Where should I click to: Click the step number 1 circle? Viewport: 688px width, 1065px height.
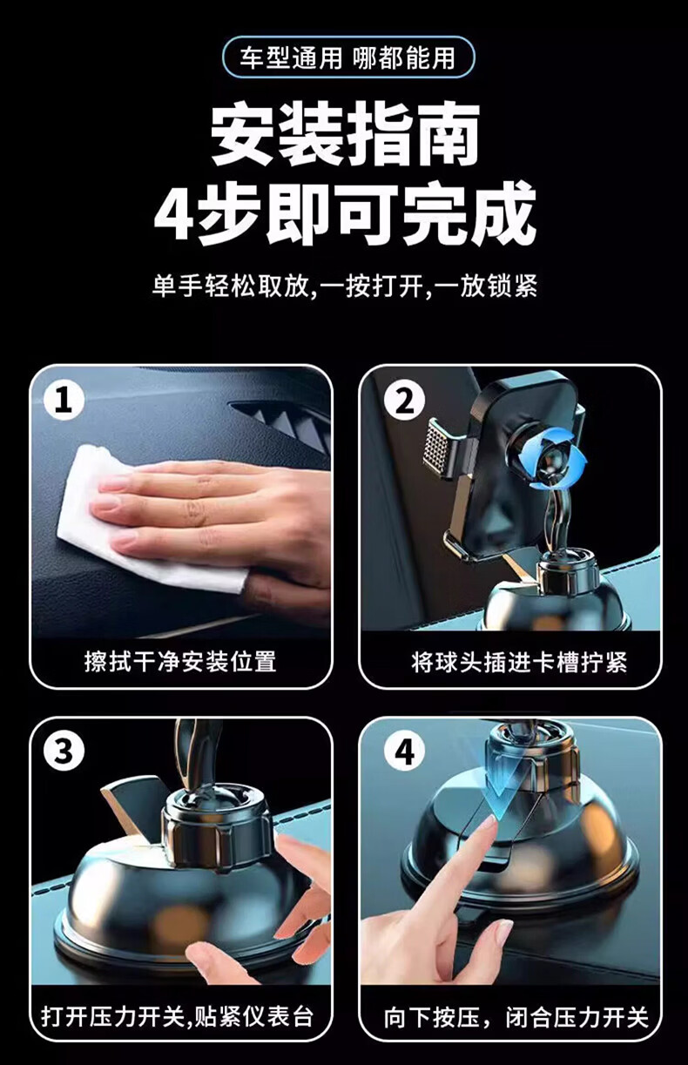(x=64, y=401)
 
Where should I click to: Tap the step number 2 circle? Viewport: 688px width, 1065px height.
(x=405, y=401)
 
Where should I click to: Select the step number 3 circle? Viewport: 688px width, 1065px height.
(x=64, y=752)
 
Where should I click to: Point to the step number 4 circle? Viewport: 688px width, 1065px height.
(x=405, y=752)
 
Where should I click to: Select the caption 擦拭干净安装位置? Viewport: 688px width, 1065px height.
(x=180, y=662)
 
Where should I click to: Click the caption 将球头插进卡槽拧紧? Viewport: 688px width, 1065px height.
(x=519, y=662)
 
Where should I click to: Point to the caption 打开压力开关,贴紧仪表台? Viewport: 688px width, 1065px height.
(x=177, y=1014)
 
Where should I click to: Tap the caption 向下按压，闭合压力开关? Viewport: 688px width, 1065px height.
(x=516, y=1014)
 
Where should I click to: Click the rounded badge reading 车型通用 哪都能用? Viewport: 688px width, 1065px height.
(x=348, y=57)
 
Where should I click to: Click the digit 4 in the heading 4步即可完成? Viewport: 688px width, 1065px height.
(x=173, y=216)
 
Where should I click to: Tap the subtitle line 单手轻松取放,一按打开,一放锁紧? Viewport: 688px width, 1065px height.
(x=345, y=286)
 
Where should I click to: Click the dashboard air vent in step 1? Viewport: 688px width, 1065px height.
(x=286, y=423)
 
